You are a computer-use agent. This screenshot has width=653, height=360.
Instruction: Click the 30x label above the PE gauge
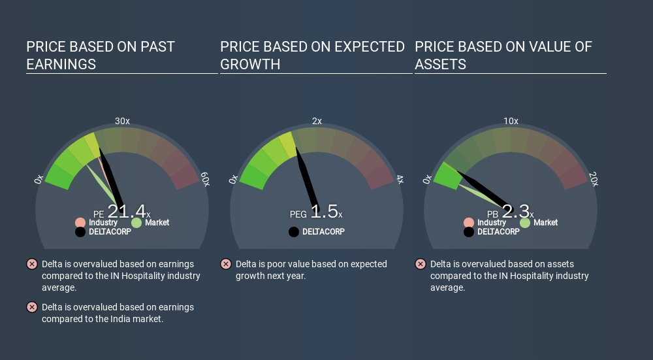(x=122, y=122)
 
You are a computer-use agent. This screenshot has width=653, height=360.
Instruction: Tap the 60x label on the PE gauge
(x=205, y=179)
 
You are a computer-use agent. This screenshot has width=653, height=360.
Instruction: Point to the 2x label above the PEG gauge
(x=317, y=122)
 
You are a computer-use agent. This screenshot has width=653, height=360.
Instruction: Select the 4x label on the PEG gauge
(x=400, y=180)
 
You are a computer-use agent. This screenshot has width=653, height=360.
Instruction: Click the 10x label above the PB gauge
(x=511, y=122)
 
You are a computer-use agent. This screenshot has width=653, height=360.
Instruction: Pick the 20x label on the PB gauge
(x=594, y=179)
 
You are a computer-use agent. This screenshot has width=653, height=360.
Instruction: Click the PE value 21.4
(x=127, y=211)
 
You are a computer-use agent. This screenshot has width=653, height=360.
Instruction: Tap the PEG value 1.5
(x=324, y=211)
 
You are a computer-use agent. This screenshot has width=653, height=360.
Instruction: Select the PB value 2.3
(x=516, y=211)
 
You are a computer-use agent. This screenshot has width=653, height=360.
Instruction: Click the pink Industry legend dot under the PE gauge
(x=80, y=223)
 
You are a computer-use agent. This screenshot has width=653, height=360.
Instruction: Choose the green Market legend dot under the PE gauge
(x=136, y=223)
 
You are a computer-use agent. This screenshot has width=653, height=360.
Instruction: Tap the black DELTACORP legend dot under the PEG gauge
(x=294, y=232)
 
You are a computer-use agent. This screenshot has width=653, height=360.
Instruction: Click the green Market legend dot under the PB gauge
(x=525, y=223)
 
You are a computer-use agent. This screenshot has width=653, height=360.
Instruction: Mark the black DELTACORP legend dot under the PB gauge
(x=469, y=232)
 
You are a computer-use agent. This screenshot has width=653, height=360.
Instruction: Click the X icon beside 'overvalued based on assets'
(x=421, y=264)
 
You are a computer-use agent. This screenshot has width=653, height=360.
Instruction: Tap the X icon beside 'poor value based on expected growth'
(x=226, y=264)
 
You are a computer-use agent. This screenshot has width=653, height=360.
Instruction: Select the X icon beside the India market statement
(x=31, y=308)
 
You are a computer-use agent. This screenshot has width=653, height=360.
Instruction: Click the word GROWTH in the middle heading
(x=250, y=65)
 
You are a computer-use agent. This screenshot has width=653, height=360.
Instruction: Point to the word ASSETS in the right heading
(x=441, y=65)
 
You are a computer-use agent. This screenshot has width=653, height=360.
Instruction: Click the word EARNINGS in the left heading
(x=61, y=65)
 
